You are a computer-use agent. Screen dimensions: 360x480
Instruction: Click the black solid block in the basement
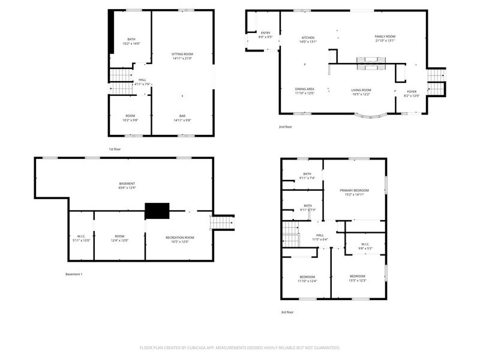tap(157, 211)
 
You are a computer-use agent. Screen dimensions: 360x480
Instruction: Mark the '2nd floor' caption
tap(285, 127)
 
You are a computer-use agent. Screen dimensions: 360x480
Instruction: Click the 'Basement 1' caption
tap(74, 274)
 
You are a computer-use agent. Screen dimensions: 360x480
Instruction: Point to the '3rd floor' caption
tap(287, 312)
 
